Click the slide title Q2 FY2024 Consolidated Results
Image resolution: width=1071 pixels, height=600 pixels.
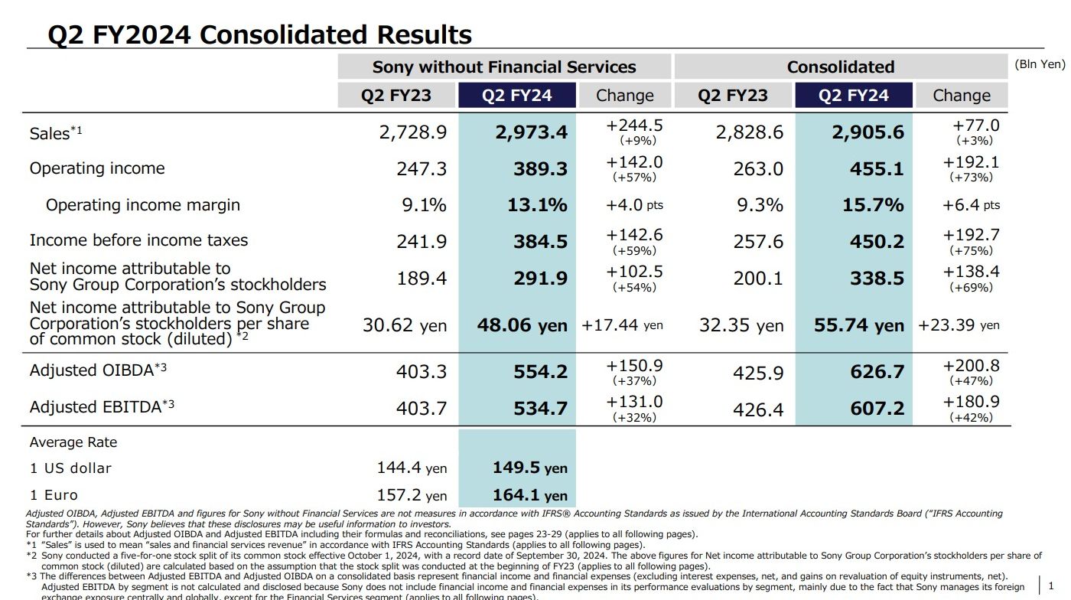click(x=259, y=34)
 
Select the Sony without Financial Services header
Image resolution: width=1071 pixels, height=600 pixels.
click(x=504, y=67)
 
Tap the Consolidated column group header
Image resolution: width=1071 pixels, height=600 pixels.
click(x=840, y=67)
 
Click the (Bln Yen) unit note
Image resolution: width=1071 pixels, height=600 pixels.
click(x=1040, y=64)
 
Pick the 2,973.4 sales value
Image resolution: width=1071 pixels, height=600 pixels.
click(x=531, y=132)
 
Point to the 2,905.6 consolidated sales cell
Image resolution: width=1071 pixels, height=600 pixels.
click(x=868, y=132)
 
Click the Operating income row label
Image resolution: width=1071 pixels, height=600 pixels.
click(x=97, y=168)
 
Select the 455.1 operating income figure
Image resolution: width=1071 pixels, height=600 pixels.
click(x=877, y=169)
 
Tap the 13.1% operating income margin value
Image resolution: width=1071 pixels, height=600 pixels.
click(x=537, y=205)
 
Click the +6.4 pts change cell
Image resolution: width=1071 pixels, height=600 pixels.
click(x=971, y=205)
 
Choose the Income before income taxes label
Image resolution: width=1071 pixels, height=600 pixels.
click(x=138, y=240)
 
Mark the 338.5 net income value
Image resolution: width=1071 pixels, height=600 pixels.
click(x=877, y=279)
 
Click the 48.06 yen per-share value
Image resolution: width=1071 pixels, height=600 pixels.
click(x=522, y=325)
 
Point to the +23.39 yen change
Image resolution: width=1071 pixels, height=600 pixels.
click(x=959, y=325)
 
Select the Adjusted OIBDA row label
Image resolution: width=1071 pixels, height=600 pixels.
click(x=98, y=370)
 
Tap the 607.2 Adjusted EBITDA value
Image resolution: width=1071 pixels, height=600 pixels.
click(x=877, y=409)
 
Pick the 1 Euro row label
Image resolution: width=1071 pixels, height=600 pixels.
click(x=54, y=495)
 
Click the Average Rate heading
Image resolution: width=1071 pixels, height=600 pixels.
click(x=73, y=442)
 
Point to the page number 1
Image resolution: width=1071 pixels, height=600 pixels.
click(x=1051, y=585)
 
